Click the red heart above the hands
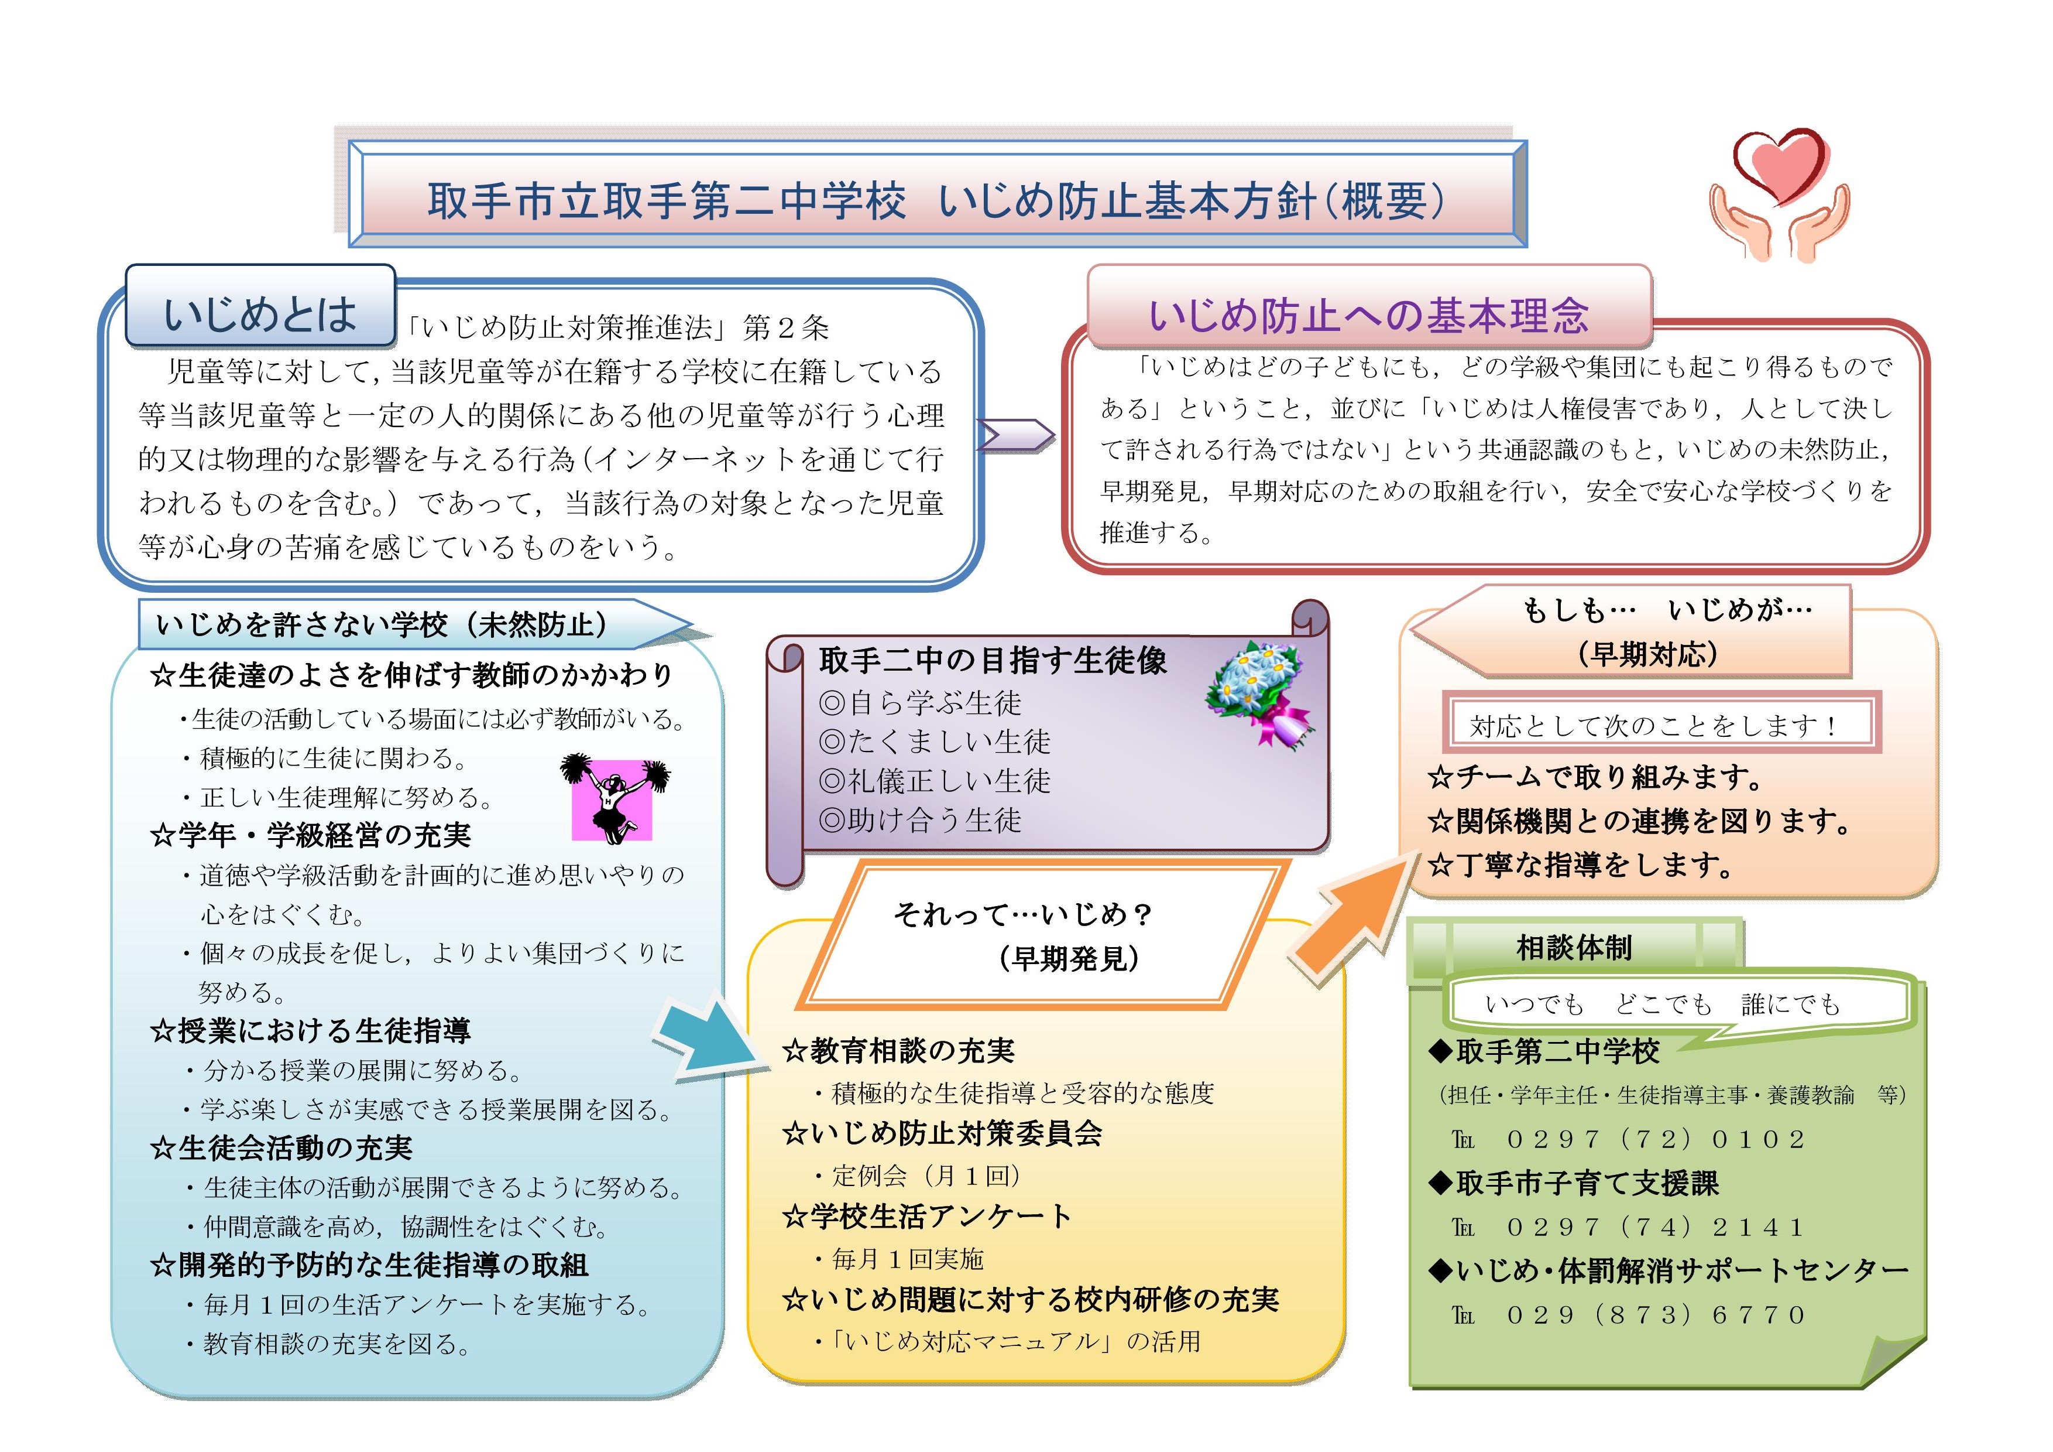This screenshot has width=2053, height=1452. click(x=1779, y=166)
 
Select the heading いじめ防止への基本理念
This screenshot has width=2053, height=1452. click(x=1368, y=316)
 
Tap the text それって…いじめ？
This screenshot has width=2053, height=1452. click(x=1023, y=914)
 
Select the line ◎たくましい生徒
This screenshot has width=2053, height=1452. click(x=935, y=742)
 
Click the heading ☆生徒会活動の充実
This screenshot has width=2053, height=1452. click(x=281, y=1148)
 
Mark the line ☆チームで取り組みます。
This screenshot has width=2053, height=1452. click(x=1595, y=777)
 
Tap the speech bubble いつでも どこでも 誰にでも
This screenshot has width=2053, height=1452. click(x=1677, y=1006)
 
